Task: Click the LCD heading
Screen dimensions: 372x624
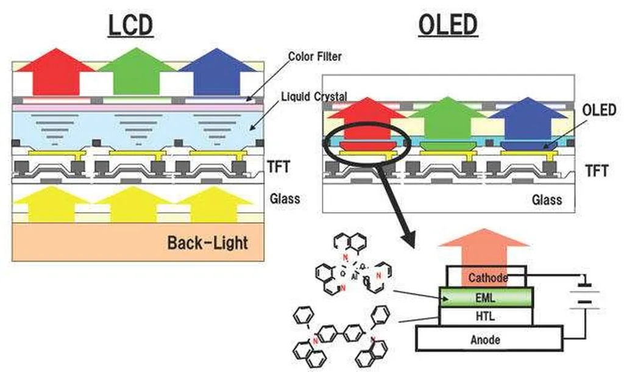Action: pyautogui.click(x=130, y=25)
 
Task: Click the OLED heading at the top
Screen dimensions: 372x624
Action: pyautogui.click(x=448, y=25)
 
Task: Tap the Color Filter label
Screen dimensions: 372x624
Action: pyautogui.click(x=314, y=57)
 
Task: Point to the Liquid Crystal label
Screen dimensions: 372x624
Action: pyautogui.click(x=314, y=96)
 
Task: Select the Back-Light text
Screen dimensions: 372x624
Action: pyautogui.click(x=207, y=243)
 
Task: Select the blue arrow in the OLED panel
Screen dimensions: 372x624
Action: pyautogui.click(x=528, y=119)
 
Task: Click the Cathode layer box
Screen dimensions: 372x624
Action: pyautogui.click(x=487, y=277)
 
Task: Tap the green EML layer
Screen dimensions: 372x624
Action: pyautogui.click(x=486, y=298)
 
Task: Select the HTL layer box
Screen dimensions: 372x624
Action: pyautogui.click(x=486, y=316)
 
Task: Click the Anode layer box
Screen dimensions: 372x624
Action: pyautogui.click(x=489, y=338)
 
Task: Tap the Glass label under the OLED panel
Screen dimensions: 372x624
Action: pyautogui.click(x=547, y=199)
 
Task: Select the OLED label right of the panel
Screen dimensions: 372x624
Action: pyautogui.click(x=599, y=110)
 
